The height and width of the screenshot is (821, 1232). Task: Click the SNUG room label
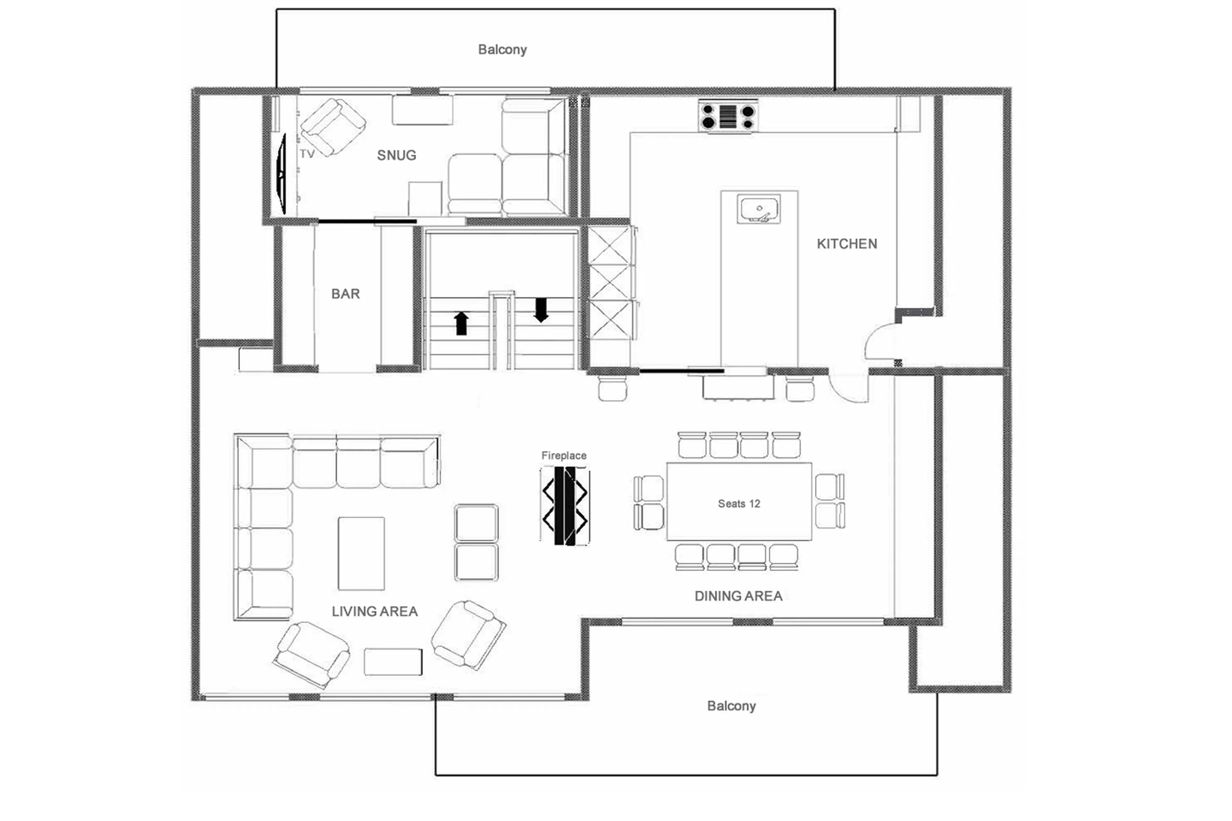[x=396, y=156]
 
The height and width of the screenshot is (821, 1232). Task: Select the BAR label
[x=346, y=294]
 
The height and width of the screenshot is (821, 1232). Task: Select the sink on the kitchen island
[x=758, y=209]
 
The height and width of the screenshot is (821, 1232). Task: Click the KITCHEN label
[x=847, y=244]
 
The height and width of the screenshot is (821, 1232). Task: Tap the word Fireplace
[x=563, y=456]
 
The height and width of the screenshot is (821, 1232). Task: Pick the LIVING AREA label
[x=374, y=611]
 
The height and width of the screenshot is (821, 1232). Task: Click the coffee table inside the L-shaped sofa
[x=361, y=553]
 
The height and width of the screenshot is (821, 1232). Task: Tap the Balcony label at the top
[x=502, y=50]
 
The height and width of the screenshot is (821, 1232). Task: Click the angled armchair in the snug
[x=332, y=127]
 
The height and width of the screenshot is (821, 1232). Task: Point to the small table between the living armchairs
[x=393, y=662]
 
